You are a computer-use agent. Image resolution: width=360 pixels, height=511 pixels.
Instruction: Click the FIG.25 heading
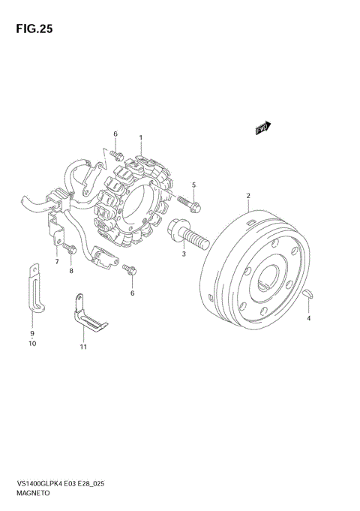click(x=34, y=29)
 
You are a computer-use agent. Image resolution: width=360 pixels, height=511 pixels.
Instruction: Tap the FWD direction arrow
click(x=263, y=128)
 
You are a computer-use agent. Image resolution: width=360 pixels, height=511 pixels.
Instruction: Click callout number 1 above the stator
click(x=141, y=138)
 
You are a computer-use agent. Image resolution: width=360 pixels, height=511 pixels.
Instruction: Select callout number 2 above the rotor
click(x=248, y=196)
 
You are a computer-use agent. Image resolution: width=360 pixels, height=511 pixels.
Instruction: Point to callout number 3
click(x=184, y=254)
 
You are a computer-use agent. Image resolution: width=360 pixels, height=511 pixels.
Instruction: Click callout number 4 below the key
click(x=309, y=318)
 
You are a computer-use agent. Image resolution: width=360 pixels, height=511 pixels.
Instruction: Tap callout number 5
click(x=193, y=185)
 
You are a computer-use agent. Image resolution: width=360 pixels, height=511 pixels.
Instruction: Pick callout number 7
click(x=57, y=261)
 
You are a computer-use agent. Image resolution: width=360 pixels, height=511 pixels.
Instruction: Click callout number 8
click(x=71, y=271)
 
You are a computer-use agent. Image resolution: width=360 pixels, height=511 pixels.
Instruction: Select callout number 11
click(x=83, y=347)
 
